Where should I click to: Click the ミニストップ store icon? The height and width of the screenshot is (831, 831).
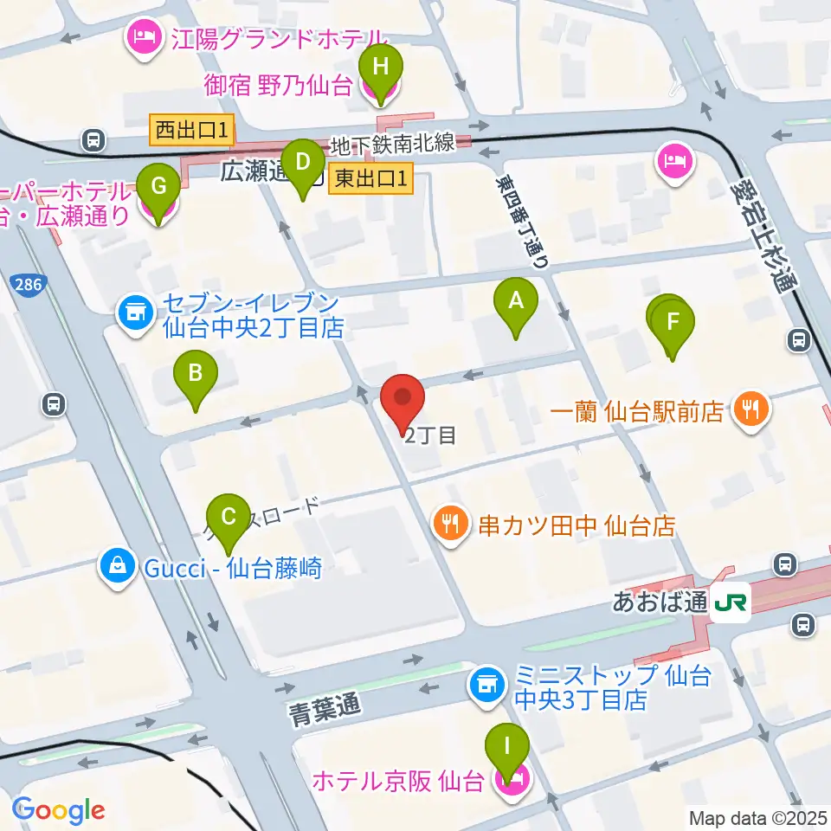[486, 686]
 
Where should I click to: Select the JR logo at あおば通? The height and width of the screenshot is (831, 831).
[731, 603]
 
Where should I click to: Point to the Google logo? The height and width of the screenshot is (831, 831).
[58, 810]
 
